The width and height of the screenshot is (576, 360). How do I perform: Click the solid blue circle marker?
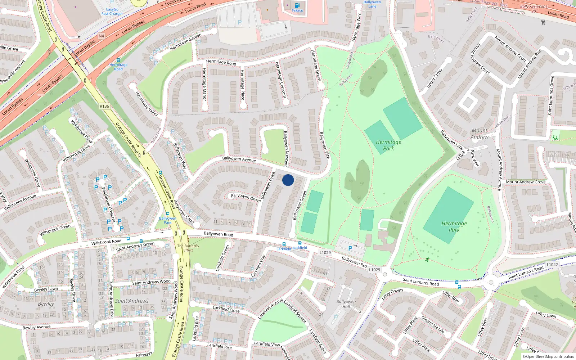288,180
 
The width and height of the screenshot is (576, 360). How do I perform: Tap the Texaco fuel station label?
297,10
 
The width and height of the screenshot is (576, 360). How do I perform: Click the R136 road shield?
104,106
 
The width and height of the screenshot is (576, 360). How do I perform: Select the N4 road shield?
101,36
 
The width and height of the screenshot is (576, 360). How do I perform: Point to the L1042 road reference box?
552,265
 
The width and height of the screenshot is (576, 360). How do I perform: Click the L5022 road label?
461,155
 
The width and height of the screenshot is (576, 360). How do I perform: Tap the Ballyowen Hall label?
346,304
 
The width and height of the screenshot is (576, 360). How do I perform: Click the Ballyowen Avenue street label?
239,159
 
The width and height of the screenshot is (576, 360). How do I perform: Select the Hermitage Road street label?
221,62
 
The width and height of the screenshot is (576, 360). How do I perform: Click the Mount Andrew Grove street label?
526,182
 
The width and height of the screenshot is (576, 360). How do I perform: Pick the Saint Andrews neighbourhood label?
132,301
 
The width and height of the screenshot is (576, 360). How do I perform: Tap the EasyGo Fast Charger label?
112,12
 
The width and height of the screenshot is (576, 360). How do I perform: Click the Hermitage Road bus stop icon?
118,60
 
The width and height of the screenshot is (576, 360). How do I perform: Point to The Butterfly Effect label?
188,248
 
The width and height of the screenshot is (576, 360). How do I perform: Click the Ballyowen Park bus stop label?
168,220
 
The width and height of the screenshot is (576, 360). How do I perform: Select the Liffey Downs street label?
392,293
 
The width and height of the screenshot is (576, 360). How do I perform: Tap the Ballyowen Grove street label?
246,197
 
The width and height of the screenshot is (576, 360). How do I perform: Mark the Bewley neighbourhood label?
46,304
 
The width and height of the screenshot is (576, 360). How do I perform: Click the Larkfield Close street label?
226,309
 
